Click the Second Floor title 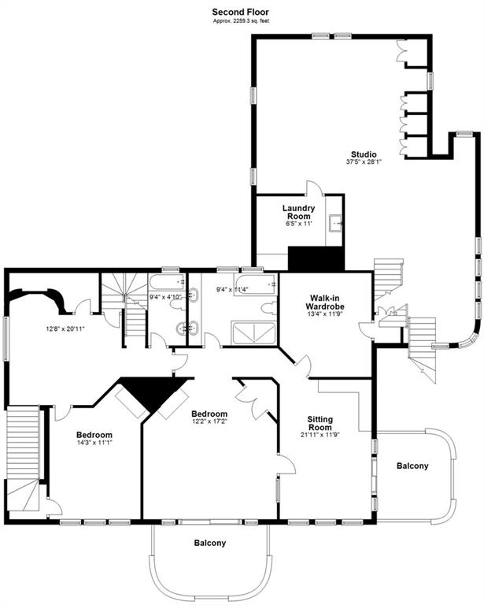[241, 12]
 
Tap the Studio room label [364, 154]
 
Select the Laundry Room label [298, 212]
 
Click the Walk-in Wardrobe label [325, 302]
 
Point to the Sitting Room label [320, 423]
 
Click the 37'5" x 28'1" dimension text [364, 162]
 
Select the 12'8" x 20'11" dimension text [65, 329]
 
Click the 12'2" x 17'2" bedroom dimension [209, 421]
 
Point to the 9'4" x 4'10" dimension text [165, 297]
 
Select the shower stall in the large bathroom [254, 332]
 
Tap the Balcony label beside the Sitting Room [412, 466]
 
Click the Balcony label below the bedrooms [210, 543]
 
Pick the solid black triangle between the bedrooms [154, 390]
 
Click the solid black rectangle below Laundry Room [316, 258]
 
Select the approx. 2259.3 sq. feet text [241, 20]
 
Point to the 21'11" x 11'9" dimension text [320, 435]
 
